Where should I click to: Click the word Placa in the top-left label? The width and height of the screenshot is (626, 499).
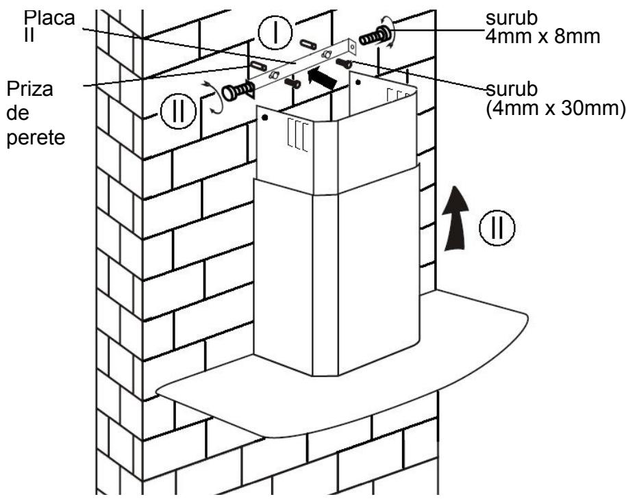(49, 18)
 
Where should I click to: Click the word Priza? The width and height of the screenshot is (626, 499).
(30, 89)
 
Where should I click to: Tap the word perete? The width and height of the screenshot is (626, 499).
(36, 138)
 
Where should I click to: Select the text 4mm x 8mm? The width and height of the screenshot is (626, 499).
(543, 36)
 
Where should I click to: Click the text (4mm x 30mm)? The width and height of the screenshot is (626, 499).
(555, 108)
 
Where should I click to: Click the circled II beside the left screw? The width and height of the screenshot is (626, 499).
(178, 111)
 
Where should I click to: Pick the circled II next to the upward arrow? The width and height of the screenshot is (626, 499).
(497, 227)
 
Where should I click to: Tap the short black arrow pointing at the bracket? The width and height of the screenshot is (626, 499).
(321, 78)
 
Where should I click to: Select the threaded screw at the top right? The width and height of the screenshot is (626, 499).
(376, 36)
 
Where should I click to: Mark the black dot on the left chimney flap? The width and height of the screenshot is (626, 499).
(264, 118)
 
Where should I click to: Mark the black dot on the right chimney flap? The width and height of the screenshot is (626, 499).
(358, 83)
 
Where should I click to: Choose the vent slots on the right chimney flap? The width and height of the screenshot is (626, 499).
(397, 96)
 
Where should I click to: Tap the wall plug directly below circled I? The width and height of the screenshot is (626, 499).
(308, 44)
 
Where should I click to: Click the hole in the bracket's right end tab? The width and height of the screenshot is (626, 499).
(352, 47)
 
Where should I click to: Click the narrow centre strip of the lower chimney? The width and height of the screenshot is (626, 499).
(325, 285)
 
